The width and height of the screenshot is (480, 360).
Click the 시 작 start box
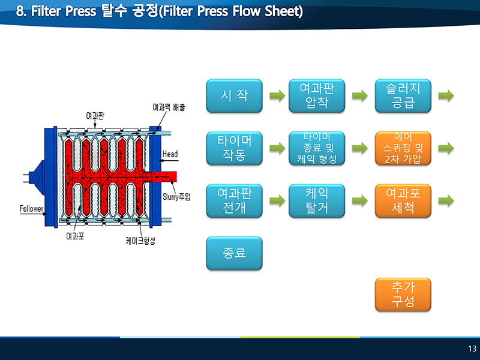point(234,96)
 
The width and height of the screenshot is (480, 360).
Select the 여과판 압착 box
point(317,96)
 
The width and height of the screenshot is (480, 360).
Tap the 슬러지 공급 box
point(403,96)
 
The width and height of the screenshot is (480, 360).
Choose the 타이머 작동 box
point(234,148)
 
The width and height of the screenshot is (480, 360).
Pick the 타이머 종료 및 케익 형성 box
point(317,148)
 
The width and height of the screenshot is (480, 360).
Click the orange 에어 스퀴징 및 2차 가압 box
point(403,148)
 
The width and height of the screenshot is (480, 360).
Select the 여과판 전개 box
point(234,201)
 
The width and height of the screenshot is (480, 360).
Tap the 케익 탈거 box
point(317,201)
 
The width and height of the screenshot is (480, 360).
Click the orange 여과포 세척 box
point(403,201)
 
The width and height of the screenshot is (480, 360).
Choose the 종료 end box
point(234,253)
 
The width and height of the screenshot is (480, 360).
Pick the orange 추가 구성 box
point(403,295)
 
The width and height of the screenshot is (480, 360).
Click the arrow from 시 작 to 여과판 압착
point(277,96)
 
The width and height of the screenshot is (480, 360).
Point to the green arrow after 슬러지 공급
point(446,96)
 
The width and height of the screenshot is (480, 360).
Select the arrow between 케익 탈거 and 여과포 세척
point(359,201)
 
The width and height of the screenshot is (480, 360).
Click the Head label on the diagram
point(170,154)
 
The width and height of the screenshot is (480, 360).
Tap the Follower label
point(31,209)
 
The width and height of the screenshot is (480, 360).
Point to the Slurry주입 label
point(176,197)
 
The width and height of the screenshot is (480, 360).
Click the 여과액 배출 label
point(169,107)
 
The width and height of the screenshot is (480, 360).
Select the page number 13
point(472,349)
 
